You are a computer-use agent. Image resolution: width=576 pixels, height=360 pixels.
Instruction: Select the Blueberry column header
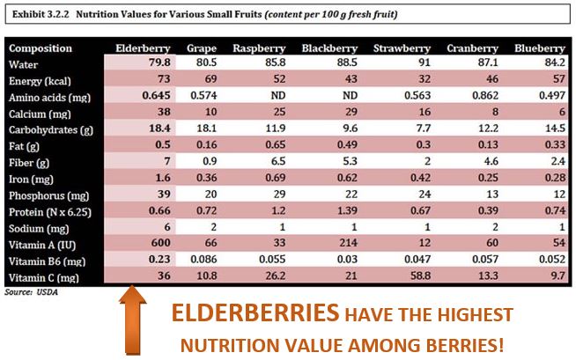[539, 48]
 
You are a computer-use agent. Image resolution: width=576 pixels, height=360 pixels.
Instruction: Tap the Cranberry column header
[473, 48]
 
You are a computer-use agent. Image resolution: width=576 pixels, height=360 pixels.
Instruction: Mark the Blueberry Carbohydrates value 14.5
[551, 130]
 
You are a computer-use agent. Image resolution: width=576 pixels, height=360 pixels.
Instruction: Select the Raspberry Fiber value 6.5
[270, 163]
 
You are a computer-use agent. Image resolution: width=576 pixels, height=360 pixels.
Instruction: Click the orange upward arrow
[133, 321]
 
